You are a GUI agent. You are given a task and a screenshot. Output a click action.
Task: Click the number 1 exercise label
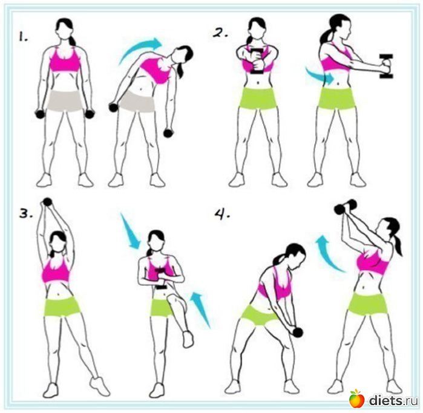(23, 37)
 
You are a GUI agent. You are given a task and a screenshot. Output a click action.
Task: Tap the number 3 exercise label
(26, 214)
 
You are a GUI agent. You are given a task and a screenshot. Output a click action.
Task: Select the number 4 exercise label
(223, 214)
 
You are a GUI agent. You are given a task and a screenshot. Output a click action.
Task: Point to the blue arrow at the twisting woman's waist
(319, 75)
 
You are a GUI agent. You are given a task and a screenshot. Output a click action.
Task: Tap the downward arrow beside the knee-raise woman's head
(130, 231)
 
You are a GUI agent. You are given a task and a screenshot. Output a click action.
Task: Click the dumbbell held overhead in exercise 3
(47, 202)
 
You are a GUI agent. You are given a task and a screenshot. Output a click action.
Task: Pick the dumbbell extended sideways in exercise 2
(385, 66)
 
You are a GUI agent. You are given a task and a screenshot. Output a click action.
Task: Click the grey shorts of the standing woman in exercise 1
(65, 101)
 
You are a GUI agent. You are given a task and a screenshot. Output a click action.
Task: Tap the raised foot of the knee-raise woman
(188, 339)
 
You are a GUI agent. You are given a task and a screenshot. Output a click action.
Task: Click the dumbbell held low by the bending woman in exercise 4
(298, 332)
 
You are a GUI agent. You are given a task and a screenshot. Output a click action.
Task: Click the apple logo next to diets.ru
(356, 398)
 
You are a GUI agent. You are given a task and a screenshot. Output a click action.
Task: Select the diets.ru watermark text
(393, 400)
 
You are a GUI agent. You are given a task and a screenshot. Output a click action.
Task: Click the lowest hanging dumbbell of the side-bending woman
(168, 133)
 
